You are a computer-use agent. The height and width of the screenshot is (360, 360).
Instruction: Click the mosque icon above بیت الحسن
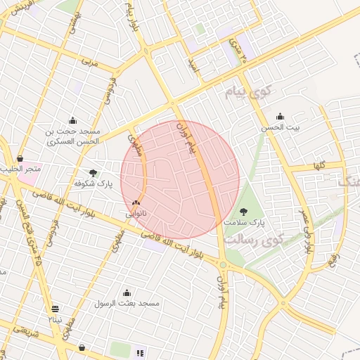280,117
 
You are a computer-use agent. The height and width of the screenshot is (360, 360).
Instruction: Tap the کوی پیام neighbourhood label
249,92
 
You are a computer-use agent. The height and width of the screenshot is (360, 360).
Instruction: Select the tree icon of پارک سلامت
244,211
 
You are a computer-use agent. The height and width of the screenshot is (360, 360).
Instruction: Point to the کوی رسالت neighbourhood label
251,240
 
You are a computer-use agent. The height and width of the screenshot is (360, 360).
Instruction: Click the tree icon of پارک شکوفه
94,173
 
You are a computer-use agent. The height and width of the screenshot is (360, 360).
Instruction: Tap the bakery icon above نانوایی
136,202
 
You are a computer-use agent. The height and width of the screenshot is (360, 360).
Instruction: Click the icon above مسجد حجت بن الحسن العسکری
72,120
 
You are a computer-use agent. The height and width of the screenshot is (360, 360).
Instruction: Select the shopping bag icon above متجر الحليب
20,159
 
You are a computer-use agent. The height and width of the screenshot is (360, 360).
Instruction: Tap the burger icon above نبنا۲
56,309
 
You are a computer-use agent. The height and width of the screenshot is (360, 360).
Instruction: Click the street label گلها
319,166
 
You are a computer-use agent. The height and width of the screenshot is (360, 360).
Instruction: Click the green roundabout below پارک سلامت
223,265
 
